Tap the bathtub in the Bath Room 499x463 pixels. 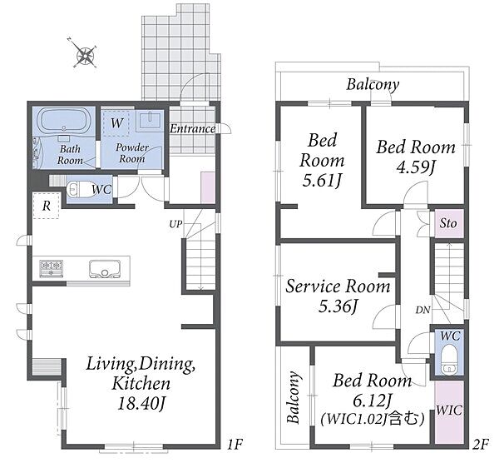64,121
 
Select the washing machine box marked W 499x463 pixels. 116,123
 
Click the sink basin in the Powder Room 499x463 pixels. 150,121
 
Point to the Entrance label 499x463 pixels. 193,129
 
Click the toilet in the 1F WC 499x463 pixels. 78,190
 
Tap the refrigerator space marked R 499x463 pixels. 47,206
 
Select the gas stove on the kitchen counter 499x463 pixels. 51,268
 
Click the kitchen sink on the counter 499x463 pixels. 105,268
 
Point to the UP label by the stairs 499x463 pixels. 175,224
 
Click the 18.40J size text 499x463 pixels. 141,404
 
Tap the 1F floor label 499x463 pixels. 235,444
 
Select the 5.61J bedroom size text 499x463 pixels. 322,181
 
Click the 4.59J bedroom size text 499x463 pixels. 415,167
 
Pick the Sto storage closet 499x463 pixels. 448,223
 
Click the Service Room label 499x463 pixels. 338,286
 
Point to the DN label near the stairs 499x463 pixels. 423,310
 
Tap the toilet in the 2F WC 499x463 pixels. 449,358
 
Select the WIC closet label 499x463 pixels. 449,410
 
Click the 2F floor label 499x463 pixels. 480,444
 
